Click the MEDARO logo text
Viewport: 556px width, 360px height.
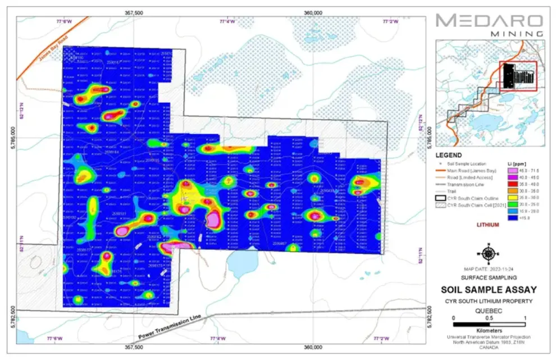point(489,21)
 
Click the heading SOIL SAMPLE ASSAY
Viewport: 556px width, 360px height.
point(487,290)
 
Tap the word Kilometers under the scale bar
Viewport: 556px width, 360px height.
point(487,331)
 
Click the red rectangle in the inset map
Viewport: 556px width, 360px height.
point(518,76)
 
